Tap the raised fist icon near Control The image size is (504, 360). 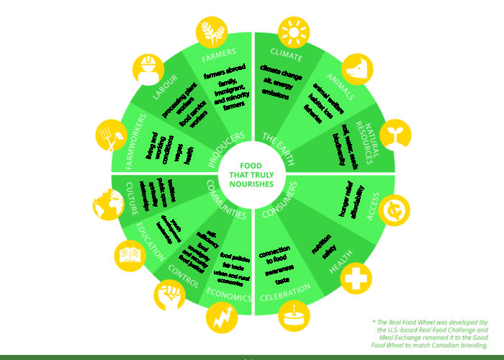pyautogui.click(x=170, y=295)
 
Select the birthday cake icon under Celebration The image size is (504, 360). pyautogui.click(x=294, y=318)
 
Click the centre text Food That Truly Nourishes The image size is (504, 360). pyautogui.click(x=253, y=174)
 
